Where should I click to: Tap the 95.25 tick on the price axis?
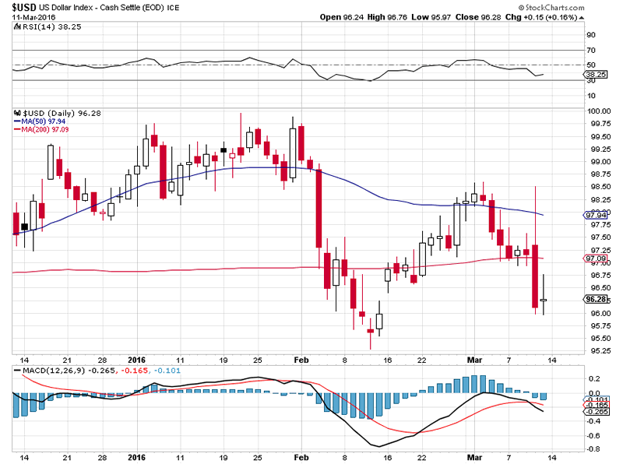[x=598, y=350]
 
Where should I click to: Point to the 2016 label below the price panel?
[x=136, y=360]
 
